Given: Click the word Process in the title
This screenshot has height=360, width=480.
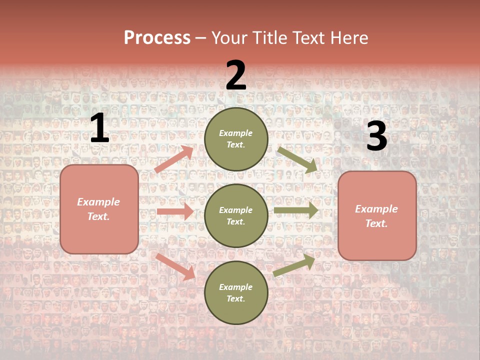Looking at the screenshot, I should [157, 38].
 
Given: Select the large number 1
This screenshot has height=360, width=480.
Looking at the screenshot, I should [99, 128].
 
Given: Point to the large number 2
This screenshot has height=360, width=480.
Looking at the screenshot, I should [236, 75].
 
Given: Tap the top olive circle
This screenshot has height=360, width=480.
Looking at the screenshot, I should [236, 139].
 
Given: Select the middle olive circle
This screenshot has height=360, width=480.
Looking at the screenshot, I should [236, 215].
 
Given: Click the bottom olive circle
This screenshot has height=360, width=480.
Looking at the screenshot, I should [236, 292].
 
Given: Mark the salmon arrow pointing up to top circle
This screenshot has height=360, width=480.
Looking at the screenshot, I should [174, 159].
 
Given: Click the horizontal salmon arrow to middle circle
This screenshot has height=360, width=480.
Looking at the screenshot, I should [175, 211].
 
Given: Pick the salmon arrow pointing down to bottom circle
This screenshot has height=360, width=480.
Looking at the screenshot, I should [175, 266].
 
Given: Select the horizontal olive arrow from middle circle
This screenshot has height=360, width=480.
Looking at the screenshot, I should [296, 210].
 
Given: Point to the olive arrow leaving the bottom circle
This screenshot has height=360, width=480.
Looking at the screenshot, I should [294, 265].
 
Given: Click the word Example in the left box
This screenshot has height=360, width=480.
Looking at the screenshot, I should [98, 202].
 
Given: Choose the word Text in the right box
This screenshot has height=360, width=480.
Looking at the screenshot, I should [376, 223].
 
